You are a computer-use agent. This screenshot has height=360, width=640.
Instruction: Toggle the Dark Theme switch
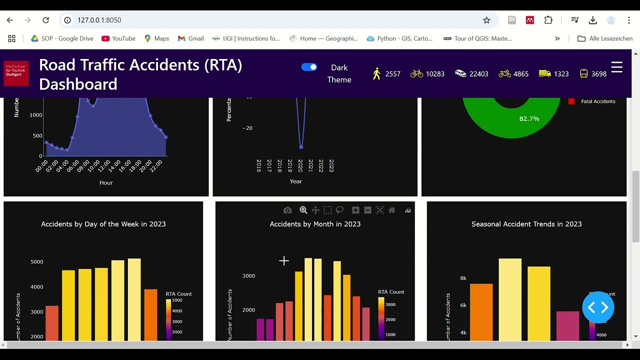309,67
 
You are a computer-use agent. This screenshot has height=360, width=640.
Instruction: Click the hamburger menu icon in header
616,67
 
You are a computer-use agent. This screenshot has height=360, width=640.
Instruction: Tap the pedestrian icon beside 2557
377,74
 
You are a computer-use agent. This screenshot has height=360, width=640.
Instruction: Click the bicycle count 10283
434,74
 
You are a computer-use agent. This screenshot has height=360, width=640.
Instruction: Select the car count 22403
478,74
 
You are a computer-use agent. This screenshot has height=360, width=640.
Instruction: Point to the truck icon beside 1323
545,73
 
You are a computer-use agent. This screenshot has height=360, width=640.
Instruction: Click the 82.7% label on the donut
529,118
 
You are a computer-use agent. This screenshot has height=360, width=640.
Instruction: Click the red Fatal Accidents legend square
571,101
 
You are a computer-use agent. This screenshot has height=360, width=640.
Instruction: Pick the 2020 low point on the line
301,146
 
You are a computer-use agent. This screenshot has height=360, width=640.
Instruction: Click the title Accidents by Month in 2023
315,224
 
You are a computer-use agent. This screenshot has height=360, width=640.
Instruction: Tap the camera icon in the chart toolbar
287,210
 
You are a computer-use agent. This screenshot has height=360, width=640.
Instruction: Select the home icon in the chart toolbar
392,210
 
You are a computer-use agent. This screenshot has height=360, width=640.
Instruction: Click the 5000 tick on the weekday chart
37,261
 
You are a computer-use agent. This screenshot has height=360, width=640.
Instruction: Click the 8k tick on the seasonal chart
463,278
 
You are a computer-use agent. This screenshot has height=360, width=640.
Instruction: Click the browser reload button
45,20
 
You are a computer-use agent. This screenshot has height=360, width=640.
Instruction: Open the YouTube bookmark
118,38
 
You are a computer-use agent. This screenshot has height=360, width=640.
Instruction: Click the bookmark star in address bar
486,20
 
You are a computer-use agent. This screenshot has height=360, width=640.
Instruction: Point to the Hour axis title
106,182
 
